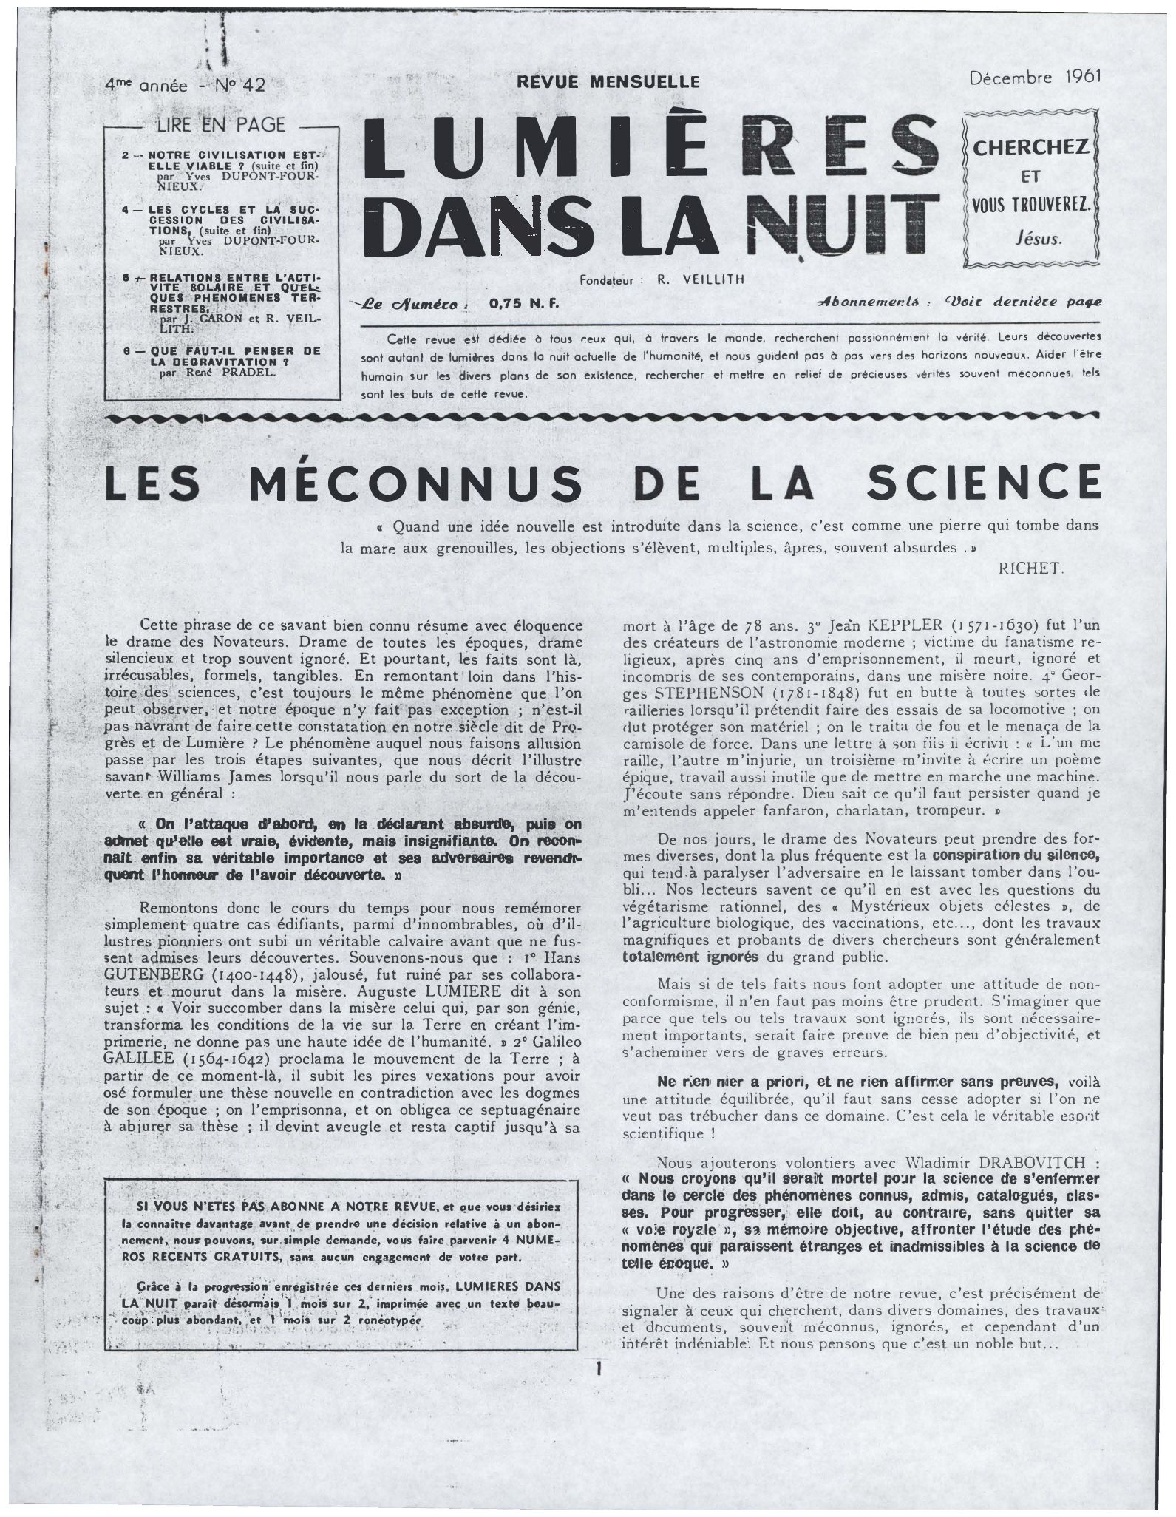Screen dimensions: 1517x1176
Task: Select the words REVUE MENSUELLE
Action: point(608,81)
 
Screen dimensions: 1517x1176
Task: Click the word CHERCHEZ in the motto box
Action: point(1030,147)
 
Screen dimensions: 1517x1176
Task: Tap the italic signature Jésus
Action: point(1038,238)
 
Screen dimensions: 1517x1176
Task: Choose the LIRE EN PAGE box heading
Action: point(220,125)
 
